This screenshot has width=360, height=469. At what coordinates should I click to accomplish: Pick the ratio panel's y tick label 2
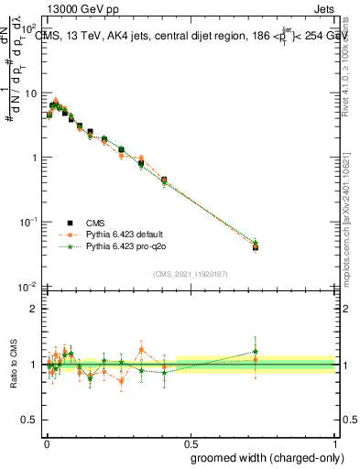point(34,309)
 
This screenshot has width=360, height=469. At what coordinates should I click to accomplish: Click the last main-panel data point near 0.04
point(256,246)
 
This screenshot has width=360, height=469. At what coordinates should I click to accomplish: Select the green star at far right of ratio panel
point(256,351)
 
